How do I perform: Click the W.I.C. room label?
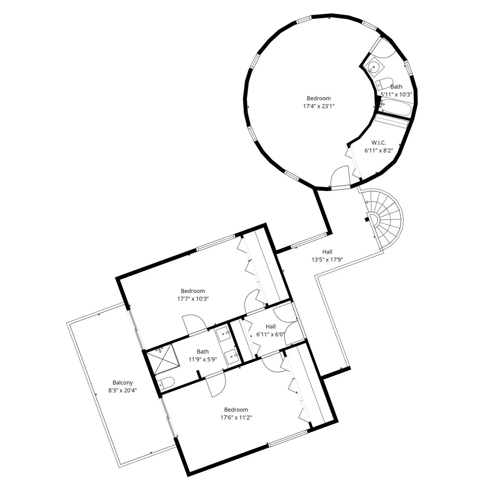pyautogui.click(x=379, y=143)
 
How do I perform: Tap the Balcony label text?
pyautogui.click(x=122, y=383)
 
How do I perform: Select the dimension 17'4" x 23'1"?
pyautogui.click(x=319, y=106)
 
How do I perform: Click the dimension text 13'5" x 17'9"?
pyautogui.click(x=327, y=260)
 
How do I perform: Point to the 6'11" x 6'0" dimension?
pyautogui.click(x=270, y=335)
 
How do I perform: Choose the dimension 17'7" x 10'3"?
pyautogui.click(x=193, y=299)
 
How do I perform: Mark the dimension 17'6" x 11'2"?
pyautogui.click(x=236, y=417)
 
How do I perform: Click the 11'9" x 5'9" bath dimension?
pyautogui.click(x=203, y=360)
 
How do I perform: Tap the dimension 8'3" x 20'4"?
pyautogui.click(x=122, y=391)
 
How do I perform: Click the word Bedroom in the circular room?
pyautogui.click(x=319, y=98)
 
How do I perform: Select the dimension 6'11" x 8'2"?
pyautogui.click(x=379, y=150)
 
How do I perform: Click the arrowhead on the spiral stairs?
pyautogui.click(x=366, y=202)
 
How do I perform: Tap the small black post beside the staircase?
pyautogui.click(x=366, y=219)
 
